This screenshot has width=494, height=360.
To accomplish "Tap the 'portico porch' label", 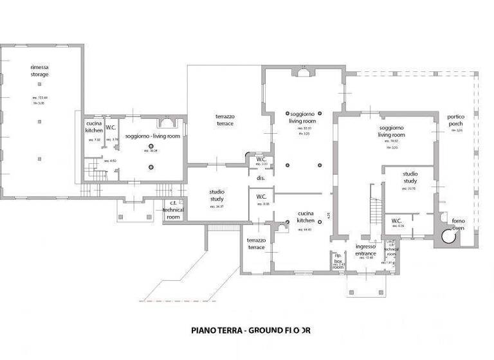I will pyautogui.click(x=457, y=120).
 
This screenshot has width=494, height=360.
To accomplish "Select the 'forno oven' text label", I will pyautogui.click(x=458, y=224).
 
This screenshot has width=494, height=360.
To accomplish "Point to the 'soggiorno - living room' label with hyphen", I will pyautogui.click(x=152, y=136).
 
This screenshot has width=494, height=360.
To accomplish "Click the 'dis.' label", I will pyautogui.click(x=261, y=177).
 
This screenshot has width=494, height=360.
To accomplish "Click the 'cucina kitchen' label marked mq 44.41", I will pyautogui.click(x=306, y=217).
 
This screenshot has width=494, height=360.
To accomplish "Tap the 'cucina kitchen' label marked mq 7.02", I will pyautogui.click(x=94, y=127).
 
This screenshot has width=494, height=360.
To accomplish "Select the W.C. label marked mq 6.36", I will pyautogui.click(x=397, y=221).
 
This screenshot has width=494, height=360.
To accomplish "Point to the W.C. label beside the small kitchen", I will pyautogui.click(x=111, y=127).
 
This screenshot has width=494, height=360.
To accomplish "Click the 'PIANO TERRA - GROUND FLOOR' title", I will pyautogui.click(x=251, y=330).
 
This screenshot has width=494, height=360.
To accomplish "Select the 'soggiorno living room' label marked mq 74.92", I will pyautogui.click(x=391, y=132).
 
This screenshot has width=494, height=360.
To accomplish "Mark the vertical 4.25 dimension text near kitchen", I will pyautogui.click(x=328, y=216).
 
